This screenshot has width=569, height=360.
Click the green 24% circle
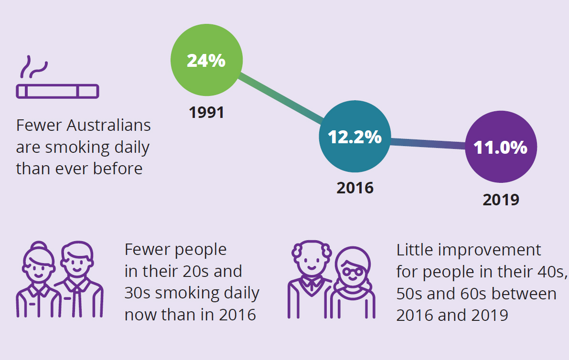(206, 60)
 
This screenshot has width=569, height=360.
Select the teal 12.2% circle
(355, 137)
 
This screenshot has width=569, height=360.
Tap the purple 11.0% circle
(501, 147)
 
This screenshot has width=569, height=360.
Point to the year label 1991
(206, 112)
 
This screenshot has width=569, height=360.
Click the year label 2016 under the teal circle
(355, 188)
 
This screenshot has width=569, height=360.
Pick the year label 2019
(501, 200)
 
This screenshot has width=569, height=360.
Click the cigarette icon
(57, 91)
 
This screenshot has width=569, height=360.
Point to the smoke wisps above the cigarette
(34, 67)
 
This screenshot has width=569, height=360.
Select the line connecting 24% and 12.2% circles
(280, 98)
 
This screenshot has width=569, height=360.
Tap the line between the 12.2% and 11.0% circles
(428, 144)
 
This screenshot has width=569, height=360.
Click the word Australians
(108, 126)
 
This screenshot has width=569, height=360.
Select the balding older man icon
(311, 279)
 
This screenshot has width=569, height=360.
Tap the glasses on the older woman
(353, 271)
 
